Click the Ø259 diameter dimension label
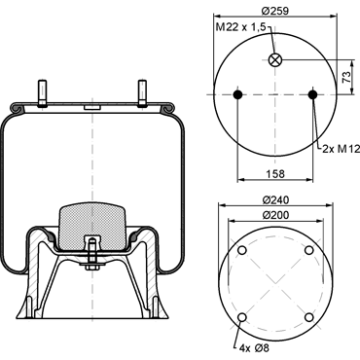275,11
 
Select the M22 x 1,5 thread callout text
240,27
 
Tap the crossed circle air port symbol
275,59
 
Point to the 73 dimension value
346,77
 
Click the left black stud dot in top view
237,94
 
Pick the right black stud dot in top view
312,94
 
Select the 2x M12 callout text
341,149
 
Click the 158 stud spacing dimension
275,174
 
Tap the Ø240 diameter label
275,200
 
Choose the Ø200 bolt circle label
275,215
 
